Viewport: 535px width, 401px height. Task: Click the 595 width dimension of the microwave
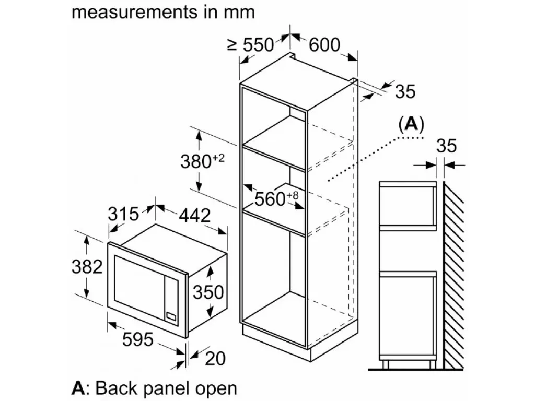pyautogui.click(x=138, y=339)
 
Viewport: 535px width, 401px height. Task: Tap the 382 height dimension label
pyautogui.click(x=87, y=267)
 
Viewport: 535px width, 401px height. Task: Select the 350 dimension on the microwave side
pyautogui.click(x=208, y=292)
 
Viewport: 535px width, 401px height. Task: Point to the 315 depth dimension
pyautogui.click(x=123, y=214)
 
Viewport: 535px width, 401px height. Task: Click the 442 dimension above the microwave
pyautogui.click(x=194, y=215)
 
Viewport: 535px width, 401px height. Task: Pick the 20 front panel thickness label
pyautogui.click(x=215, y=358)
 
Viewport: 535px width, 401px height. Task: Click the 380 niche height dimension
pyautogui.click(x=202, y=161)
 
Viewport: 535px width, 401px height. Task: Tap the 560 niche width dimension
pyautogui.click(x=276, y=198)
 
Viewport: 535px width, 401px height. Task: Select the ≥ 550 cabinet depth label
pyautogui.click(x=251, y=45)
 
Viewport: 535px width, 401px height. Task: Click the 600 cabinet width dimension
pyautogui.click(x=324, y=45)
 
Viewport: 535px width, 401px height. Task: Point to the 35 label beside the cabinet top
pyautogui.click(x=405, y=91)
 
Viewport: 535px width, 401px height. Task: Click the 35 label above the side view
pyautogui.click(x=446, y=146)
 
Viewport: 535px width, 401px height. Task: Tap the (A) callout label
pyautogui.click(x=412, y=124)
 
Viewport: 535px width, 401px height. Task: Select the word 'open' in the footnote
pyautogui.click(x=216, y=388)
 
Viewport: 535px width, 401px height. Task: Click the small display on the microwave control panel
pyautogui.click(x=171, y=316)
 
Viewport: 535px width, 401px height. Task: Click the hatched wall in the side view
pyautogui.click(x=454, y=275)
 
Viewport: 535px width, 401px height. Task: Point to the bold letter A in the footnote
pyautogui.click(x=78, y=388)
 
